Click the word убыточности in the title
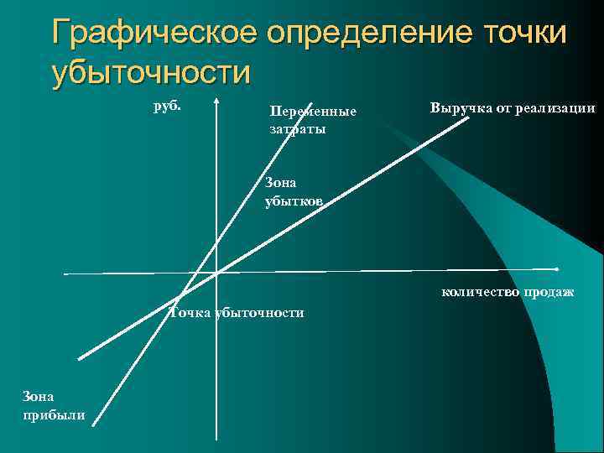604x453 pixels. [151, 72]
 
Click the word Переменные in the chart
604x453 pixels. [313, 112]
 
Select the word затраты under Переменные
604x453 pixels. [298, 129]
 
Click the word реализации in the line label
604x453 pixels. [556, 108]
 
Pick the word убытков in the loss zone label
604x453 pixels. [293, 201]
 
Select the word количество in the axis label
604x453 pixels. [476, 292]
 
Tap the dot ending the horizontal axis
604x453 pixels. [557, 268]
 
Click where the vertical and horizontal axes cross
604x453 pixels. [216, 273]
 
